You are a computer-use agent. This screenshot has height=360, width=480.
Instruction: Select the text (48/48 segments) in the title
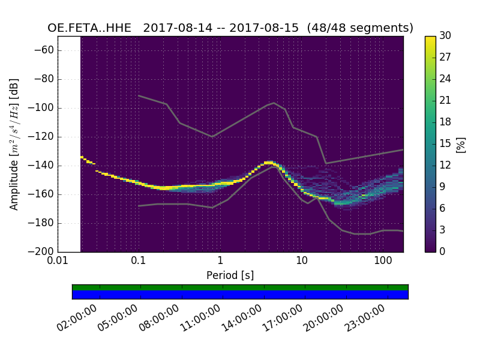point(360,28)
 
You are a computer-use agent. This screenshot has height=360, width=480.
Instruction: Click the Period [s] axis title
point(230,275)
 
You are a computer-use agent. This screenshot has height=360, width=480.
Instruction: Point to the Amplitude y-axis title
point(14,144)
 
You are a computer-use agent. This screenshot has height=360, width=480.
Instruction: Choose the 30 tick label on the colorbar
point(445,36)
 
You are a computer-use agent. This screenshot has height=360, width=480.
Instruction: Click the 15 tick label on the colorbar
point(445,143)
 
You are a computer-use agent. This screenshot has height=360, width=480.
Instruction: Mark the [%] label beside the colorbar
point(461,144)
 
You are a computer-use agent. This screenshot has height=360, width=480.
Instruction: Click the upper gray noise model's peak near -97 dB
point(274,103)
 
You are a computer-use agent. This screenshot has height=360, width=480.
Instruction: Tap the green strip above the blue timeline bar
point(240,287)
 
